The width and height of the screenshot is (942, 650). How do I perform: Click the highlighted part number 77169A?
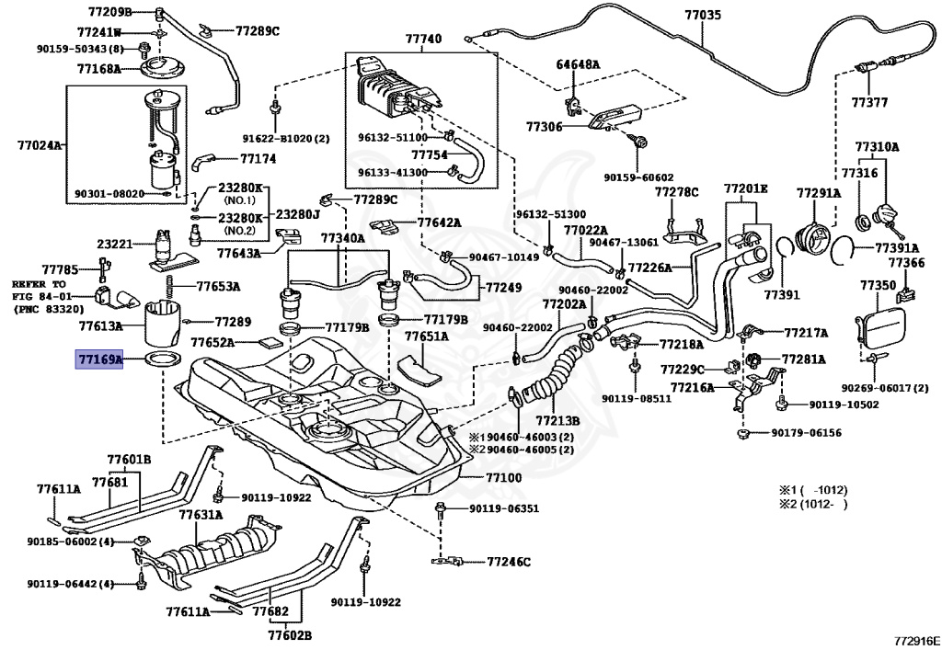point(98,359)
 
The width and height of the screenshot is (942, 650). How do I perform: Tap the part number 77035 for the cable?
point(703,15)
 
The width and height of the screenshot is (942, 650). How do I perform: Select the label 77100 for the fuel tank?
point(504,478)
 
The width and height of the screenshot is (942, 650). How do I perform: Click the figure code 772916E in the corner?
point(915,641)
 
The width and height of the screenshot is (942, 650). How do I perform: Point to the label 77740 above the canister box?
point(423,39)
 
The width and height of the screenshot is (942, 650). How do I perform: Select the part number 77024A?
point(39,144)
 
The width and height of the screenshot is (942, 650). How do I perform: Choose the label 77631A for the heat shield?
point(201,514)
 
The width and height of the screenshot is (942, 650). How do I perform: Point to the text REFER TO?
point(39,284)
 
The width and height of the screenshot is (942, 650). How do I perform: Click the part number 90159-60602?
point(638,177)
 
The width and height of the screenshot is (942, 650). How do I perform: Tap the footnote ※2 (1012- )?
point(813,504)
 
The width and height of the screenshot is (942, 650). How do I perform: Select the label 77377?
point(869,102)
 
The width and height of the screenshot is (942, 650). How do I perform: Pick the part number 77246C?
point(509,562)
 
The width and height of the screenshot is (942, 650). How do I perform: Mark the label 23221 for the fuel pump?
point(114,245)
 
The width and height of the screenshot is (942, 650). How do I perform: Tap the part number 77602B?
point(290,635)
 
